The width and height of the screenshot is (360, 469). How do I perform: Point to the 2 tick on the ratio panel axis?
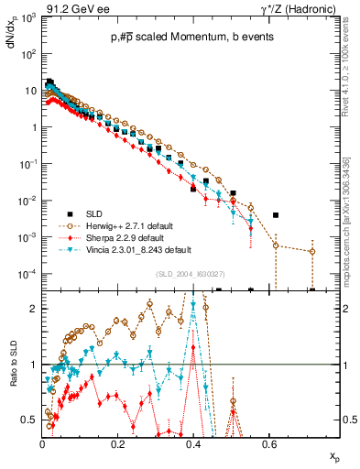(35, 309)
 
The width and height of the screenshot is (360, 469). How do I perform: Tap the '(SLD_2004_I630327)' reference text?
(193, 274)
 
